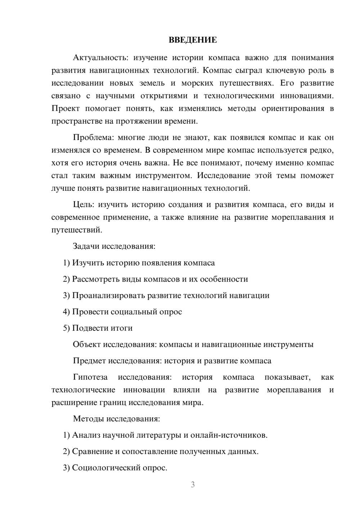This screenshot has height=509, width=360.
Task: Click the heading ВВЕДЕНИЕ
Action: tap(193, 40)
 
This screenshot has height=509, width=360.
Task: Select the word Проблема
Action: tap(93, 138)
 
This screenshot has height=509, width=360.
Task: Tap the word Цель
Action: tap(83, 205)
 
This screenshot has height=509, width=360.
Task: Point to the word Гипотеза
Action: tap(90, 377)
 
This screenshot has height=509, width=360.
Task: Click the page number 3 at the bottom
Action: tap(193, 485)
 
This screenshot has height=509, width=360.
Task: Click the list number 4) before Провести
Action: tap(66, 312)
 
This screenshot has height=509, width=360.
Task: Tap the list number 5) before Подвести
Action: tap(66, 328)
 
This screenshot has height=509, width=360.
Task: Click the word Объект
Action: tap(86, 344)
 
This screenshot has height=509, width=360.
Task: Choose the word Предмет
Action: tap(89, 361)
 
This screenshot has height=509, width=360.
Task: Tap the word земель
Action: tap(152, 84)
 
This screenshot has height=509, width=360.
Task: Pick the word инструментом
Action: tap(161, 176)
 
